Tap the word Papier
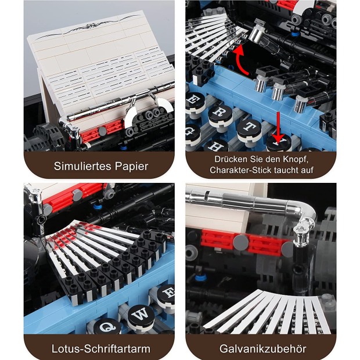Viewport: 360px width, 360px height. pyautogui.click(x=131, y=167)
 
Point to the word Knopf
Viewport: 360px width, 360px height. pyautogui.click(x=296, y=160)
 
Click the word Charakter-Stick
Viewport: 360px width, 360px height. pyautogui.click(x=240, y=170)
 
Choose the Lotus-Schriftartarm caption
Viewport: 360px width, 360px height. pyautogui.click(x=101, y=349)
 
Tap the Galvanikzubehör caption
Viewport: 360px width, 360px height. pyautogui.click(x=262, y=349)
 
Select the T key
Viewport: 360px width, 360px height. pyautogui.click(x=250, y=128)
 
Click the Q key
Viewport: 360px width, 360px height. pyautogui.click(x=107, y=326)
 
